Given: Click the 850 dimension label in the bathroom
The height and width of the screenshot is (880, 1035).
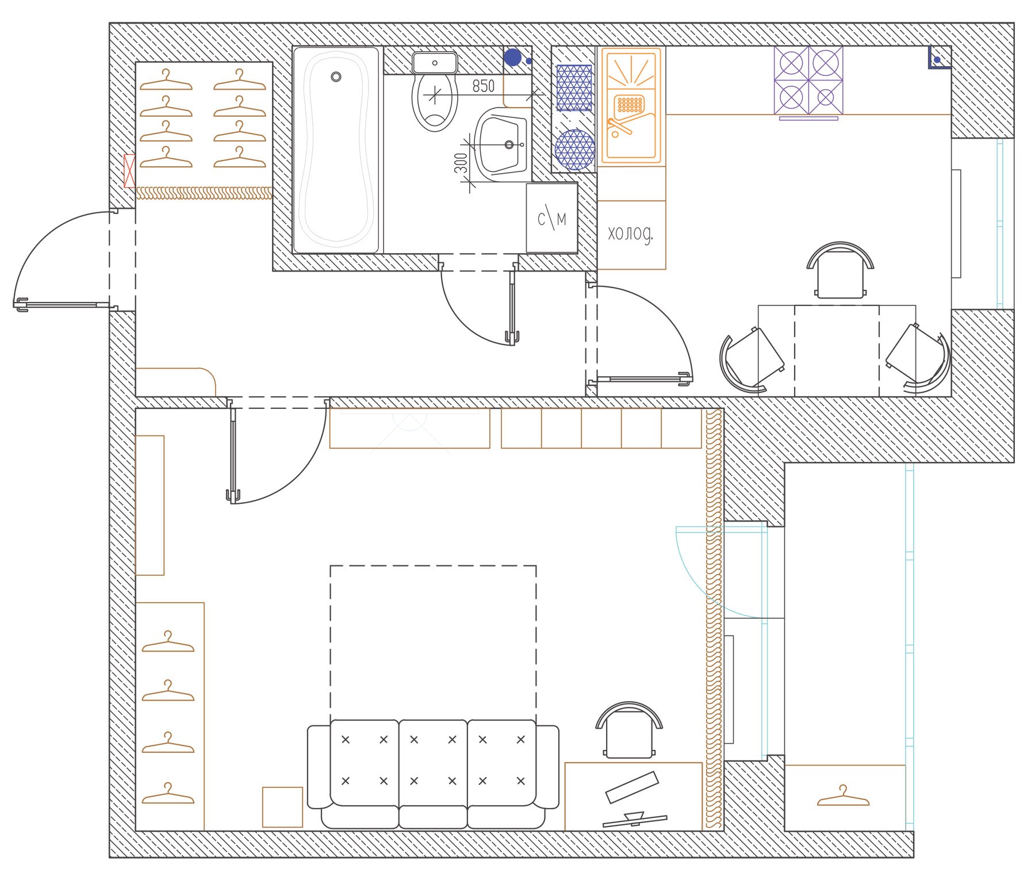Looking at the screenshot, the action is [x=483, y=86].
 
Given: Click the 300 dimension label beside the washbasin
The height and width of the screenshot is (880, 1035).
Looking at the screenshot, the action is [x=461, y=164].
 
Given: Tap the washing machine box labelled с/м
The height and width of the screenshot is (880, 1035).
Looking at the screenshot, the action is [x=551, y=219].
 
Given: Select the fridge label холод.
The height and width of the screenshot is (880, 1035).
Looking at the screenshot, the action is [x=631, y=234].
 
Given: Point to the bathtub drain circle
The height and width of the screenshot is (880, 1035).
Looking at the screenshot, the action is [x=336, y=76].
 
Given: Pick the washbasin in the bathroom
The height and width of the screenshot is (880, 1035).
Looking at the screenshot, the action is [x=501, y=144].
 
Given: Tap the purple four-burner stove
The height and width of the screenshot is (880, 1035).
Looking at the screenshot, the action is [x=808, y=80].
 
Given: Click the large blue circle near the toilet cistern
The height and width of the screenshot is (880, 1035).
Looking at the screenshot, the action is [x=512, y=58].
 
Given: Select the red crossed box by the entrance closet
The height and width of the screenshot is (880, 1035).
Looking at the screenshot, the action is [x=130, y=170].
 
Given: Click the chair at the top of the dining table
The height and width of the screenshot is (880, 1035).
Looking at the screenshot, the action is [x=840, y=270].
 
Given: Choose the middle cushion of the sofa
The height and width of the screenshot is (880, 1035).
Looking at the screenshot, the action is [x=433, y=760].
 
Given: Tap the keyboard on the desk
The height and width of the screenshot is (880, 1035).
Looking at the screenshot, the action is [x=632, y=787].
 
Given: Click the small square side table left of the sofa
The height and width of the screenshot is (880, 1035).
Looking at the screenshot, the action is [x=282, y=807].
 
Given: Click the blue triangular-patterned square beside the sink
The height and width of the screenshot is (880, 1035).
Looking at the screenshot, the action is [x=574, y=87].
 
